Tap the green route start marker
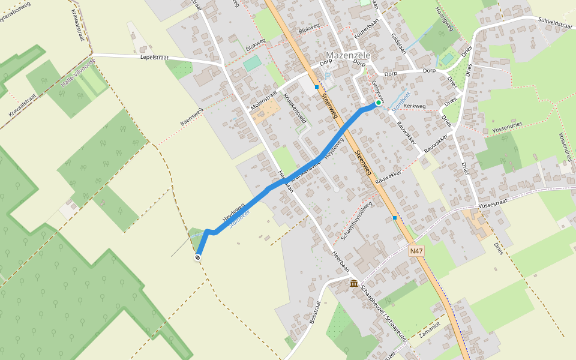pyautogui.click(x=379, y=103)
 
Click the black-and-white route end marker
pyautogui.click(x=197, y=257)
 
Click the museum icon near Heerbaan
pyautogui.click(x=354, y=283)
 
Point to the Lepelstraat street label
pyautogui.click(x=155, y=58)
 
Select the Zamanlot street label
pyautogui.click(x=430, y=331)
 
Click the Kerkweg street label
pyautogui.click(x=415, y=106)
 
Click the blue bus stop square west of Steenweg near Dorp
pyautogui.click(x=317, y=87)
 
